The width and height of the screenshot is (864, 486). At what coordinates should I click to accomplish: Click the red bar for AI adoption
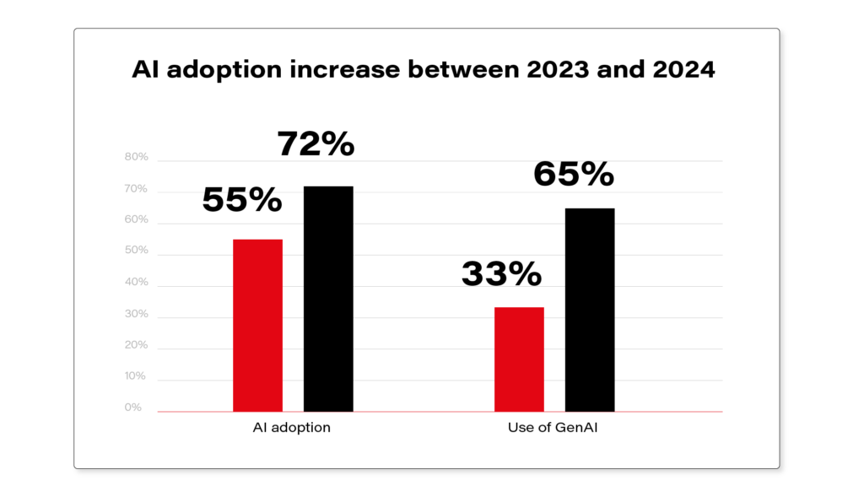tap(257, 326)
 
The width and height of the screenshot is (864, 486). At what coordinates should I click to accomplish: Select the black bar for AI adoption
tap(328, 299)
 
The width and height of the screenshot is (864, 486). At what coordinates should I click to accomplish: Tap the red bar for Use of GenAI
tap(519, 359)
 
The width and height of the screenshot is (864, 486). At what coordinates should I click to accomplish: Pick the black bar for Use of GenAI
tap(590, 310)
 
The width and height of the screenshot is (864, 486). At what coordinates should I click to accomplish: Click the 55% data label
tap(242, 200)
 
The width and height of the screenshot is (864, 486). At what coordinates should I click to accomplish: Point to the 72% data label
tap(316, 145)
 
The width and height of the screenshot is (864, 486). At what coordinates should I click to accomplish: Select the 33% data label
tap(501, 273)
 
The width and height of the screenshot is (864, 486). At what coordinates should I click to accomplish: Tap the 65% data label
tap(574, 175)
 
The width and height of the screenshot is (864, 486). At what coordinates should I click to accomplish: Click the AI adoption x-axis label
tap(291, 428)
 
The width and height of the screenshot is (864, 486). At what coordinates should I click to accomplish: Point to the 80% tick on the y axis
tap(136, 158)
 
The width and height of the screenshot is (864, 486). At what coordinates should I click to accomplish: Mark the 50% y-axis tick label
tap(136, 251)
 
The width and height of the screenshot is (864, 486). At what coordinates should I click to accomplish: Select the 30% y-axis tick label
tap(136, 314)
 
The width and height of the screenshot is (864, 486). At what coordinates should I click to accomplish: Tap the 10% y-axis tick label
tap(136, 376)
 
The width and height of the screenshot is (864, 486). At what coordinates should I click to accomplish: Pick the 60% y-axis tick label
tap(136, 220)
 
